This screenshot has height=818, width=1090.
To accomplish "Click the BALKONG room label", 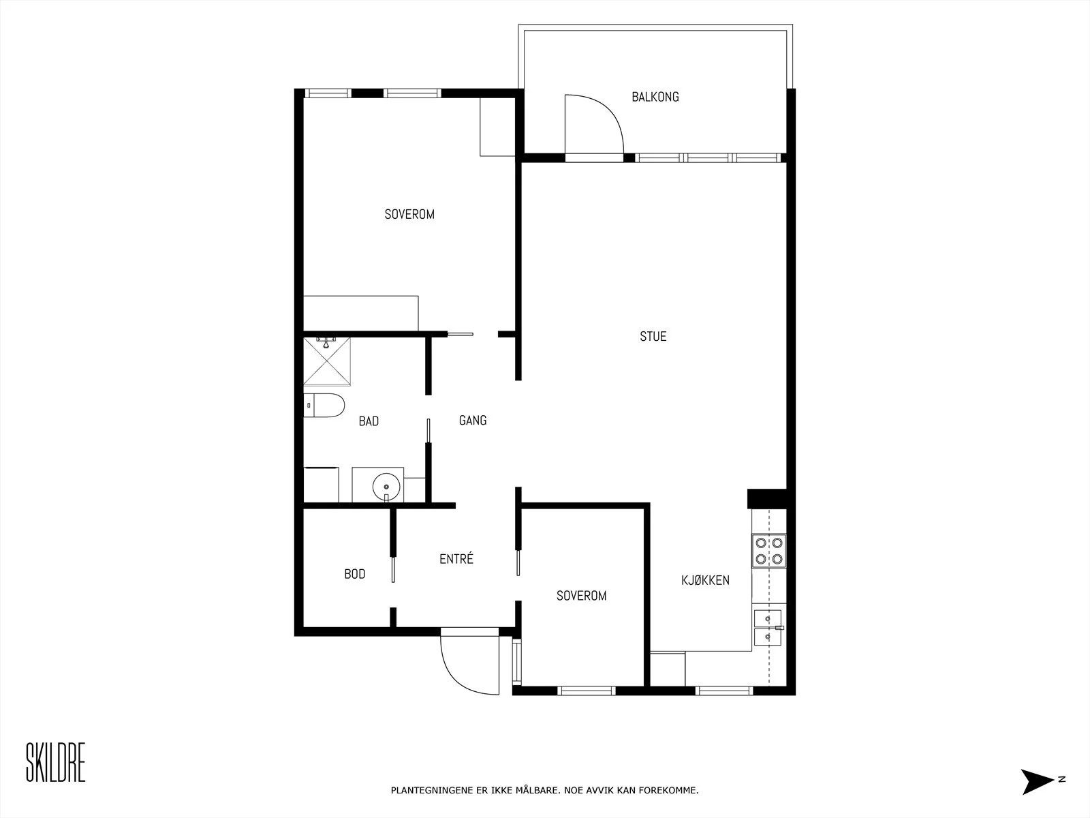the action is click(x=655, y=97).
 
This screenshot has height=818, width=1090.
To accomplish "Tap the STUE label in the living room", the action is click(x=653, y=336).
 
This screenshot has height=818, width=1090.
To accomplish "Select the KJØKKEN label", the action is click(x=705, y=580).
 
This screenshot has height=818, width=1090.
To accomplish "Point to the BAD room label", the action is click(x=369, y=421).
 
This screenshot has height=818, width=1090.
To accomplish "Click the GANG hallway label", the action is click(x=473, y=420).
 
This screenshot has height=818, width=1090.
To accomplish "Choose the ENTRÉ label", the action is click(x=456, y=558).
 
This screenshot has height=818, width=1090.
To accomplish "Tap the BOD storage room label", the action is click(x=354, y=574).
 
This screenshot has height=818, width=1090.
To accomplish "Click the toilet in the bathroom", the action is click(x=324, y=406).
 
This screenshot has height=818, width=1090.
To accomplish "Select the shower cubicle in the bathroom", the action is click(x=327, y=361).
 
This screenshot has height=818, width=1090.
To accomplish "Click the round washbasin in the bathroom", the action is click(x=386, y=487).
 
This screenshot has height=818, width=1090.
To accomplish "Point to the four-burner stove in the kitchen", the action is click(x=768, y=550).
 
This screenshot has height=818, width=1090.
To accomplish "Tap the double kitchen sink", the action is click(x=768, y=627).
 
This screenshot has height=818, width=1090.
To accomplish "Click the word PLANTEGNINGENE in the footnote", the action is click(x=432, y=790).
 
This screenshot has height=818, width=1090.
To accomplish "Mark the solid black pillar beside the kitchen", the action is click(x=766, y=499).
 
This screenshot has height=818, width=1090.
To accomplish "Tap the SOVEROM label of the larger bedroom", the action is click(x=409, y=214).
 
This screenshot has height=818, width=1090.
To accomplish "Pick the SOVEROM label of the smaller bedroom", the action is click(x=582, y=596).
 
